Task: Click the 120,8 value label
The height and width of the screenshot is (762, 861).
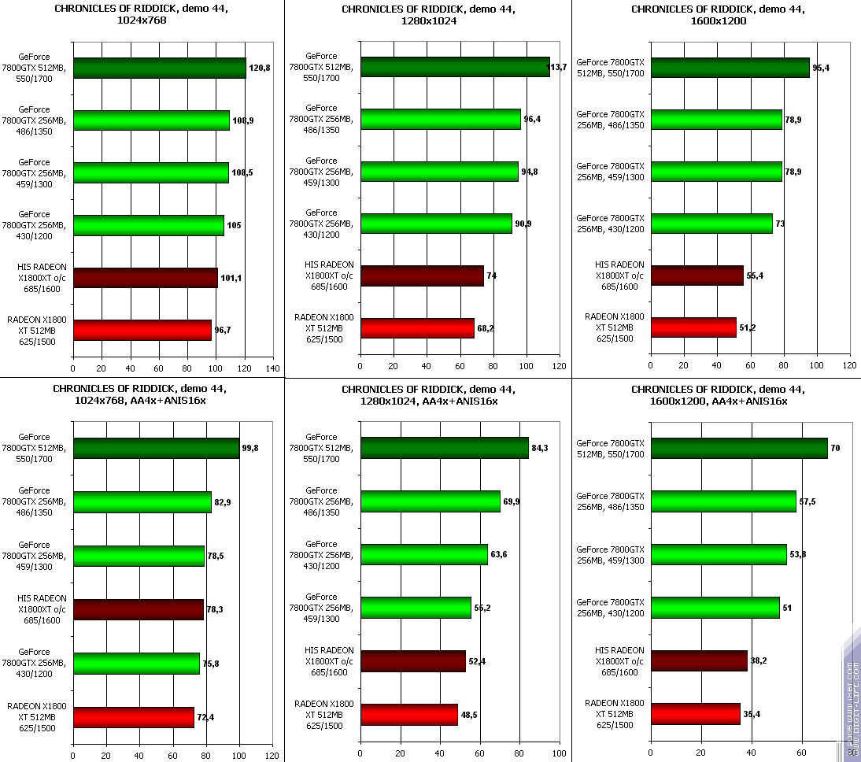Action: [260, 68]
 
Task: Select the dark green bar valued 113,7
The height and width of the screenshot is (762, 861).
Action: [455, 67]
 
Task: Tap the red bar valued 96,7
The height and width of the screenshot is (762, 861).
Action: [142, 330]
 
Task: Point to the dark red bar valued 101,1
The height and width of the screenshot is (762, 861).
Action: [146, 278]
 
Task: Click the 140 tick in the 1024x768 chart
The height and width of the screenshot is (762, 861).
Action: [273, 368]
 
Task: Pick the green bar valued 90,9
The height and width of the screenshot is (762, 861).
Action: [436, 224]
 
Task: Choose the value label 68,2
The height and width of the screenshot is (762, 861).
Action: [486, 327]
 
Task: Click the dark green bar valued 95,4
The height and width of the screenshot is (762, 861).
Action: [730, 68]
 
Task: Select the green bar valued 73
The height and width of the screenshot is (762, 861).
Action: [711, 224]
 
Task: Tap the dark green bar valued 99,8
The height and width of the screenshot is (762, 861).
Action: [156, 448]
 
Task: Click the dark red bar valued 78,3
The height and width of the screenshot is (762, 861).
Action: [139, 609]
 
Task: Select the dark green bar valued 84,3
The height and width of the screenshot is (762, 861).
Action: [445, 448]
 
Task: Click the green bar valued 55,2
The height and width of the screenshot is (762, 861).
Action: [416, 608]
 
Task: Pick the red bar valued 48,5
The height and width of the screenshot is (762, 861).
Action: [409, 715]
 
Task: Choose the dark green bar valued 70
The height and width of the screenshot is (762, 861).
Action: [739, 448]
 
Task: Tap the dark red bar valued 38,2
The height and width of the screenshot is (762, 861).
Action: [699, 660]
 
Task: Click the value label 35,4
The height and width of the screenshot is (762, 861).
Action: [752, 714]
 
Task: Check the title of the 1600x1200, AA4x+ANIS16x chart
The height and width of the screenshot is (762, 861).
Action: [718, 395]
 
